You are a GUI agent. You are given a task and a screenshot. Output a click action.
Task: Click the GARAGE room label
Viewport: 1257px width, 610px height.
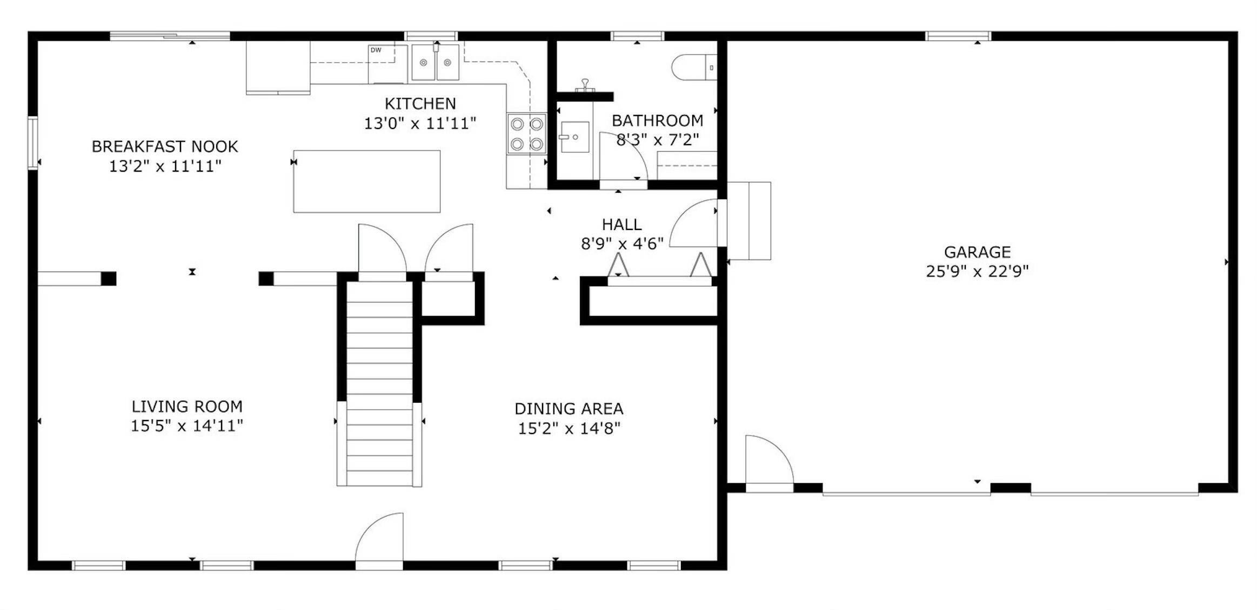(977, 252)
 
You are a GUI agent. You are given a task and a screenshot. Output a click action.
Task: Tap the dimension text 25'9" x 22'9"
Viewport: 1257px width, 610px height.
(977, 271)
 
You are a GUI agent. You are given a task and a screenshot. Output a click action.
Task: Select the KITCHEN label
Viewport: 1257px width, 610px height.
(420, 104)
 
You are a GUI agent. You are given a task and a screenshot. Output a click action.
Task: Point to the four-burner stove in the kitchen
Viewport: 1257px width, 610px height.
(526, 133)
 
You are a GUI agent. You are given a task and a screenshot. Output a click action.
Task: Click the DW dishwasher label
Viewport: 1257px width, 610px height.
(376, 50)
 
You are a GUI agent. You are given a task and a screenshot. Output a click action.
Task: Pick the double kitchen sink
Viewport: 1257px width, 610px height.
(435, 62)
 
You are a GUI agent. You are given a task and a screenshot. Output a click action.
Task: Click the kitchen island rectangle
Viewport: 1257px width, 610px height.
(366, 181)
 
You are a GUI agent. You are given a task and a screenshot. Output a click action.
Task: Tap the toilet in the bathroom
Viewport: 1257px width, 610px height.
(694, 67)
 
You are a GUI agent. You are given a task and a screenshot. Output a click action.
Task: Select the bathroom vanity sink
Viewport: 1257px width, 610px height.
(574, 137)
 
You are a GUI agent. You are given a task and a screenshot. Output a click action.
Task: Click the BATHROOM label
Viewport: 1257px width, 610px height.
(657, 120)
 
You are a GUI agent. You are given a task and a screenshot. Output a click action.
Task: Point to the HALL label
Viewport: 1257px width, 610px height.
(621, 225)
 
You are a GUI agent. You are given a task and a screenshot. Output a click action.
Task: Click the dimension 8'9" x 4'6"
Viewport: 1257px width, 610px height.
(622, 244)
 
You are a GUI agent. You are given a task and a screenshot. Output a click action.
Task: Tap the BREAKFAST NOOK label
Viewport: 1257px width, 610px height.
(165, 147)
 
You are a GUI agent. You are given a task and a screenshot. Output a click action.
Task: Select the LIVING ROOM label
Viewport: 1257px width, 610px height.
(187, 406)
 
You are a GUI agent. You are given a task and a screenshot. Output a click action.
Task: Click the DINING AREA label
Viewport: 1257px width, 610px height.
(569, 409)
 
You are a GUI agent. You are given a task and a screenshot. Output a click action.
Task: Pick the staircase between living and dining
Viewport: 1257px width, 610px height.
(379, 383)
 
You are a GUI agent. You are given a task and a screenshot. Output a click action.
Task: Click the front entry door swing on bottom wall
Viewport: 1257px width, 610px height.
(379, 538)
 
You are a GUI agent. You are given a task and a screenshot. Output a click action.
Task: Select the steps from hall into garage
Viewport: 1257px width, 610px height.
(749, 221)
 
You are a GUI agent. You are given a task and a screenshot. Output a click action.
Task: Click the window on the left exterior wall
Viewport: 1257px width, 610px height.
(33, 143)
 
